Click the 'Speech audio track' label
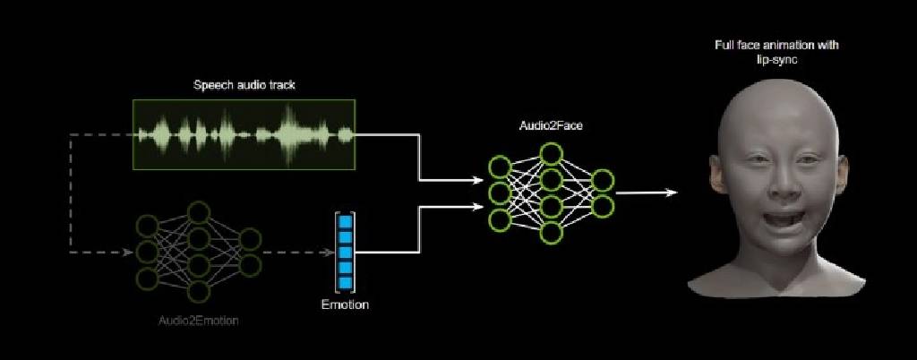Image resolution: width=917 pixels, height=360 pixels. click(x=244, y=85)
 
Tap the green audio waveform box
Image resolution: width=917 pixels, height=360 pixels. click(x=244, y=134)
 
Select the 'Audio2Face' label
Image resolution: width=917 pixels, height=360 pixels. click(x=550, y=125)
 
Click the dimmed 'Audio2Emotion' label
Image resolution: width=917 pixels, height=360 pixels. click(x=199, y=321)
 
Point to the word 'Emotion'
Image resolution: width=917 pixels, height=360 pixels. click(x=345, y=305)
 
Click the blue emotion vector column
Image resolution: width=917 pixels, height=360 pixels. click(x=345, y=253)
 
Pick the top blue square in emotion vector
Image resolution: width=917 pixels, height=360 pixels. click(x=345, y=222)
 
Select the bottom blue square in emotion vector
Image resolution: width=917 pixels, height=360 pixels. click(x=345, y=284)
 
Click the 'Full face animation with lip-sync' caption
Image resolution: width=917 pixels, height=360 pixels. click(x=776, y=51)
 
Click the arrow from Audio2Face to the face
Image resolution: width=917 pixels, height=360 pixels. click(x=647, y=193)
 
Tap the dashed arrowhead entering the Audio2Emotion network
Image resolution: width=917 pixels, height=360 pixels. click(x=127, y=253)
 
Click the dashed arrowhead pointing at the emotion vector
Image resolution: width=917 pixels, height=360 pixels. click(x=328, y=253)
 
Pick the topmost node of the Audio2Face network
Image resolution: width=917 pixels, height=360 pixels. click(x=551, y=154)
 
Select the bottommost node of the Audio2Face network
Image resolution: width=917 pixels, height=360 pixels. click(x=551, y=233)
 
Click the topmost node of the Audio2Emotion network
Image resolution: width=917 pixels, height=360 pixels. click(x=199, y=212)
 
